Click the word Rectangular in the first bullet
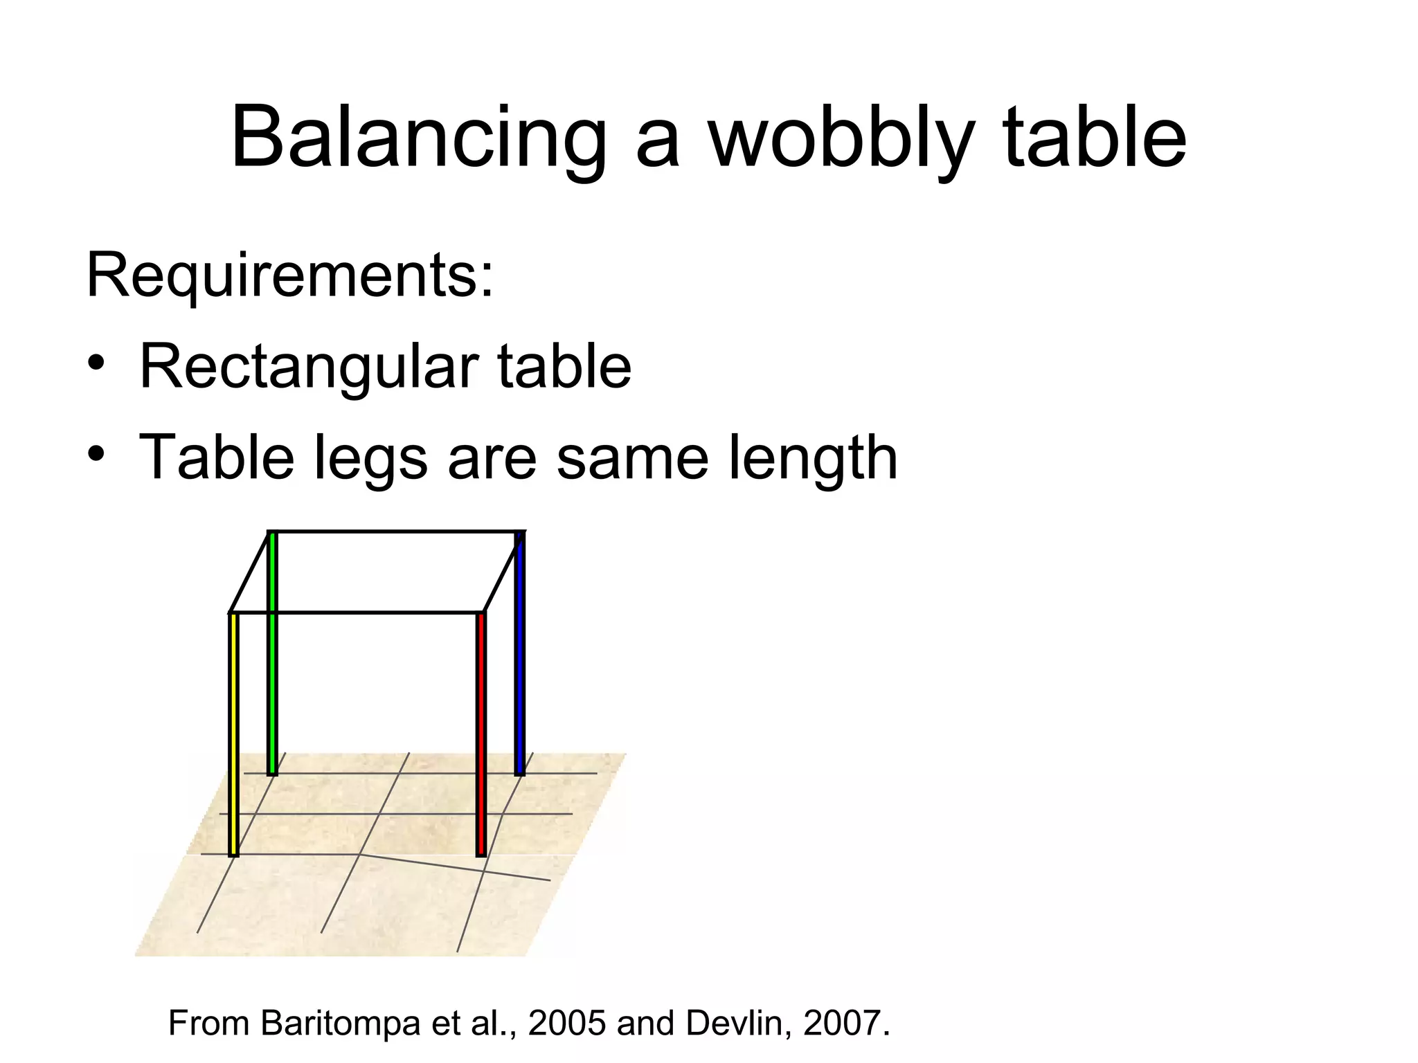coord(309,367)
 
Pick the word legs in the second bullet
coord(370,458)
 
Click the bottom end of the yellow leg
coord(234,854)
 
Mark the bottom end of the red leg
coord(481,854)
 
